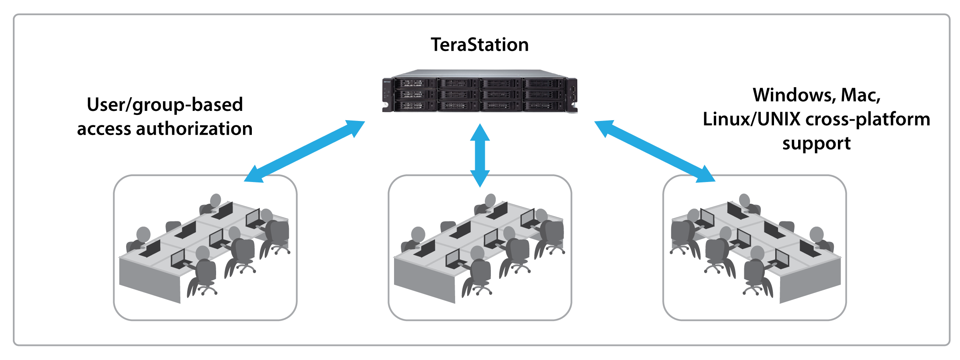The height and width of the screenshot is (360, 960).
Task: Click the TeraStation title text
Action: [x=480, y=45]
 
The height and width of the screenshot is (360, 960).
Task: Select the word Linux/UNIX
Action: [x=751, y=119]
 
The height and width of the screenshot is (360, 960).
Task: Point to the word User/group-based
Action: [x=165, y=105]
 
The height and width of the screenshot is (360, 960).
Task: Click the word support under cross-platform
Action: [x=816, y=143]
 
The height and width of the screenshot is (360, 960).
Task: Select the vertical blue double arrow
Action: [x=480, y=155]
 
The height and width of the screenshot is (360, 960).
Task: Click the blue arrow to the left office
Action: [x=304, y=151]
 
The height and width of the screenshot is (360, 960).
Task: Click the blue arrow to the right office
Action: [x=655, y=151]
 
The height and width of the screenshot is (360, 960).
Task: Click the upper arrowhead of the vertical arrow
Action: [x=480, y=133]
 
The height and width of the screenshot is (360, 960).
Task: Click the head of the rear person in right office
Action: [x=744, y=200]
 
